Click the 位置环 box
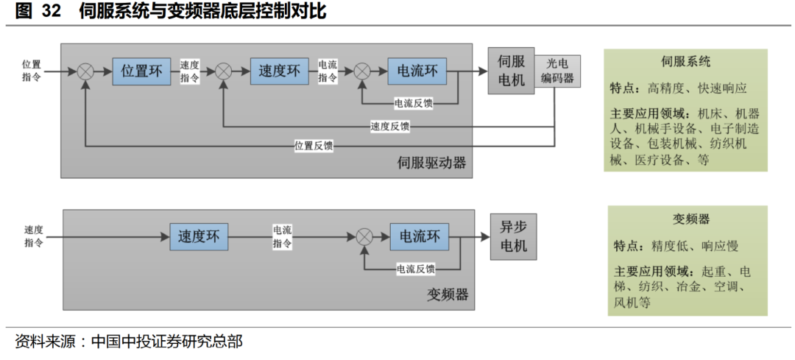(141, 71)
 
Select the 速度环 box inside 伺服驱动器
(279, 71)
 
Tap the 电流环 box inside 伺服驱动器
(417, 71)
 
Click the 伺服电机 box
(511, 71)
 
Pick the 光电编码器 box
(557, 71)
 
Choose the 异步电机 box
(513, 236)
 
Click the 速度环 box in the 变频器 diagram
(198, 236)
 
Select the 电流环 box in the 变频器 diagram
(419, 236)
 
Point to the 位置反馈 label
(314, 146)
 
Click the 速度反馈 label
(389, 126)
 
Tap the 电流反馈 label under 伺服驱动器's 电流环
(413, 103)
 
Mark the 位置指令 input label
(32, 71)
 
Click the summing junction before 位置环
(85, 71)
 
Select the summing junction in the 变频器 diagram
(364, 237)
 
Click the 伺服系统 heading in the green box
(685, 62)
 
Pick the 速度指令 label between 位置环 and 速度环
(189, 71)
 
